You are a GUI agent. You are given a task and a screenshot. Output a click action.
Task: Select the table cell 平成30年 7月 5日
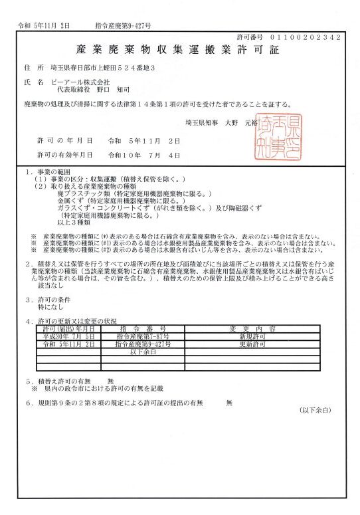69,337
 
